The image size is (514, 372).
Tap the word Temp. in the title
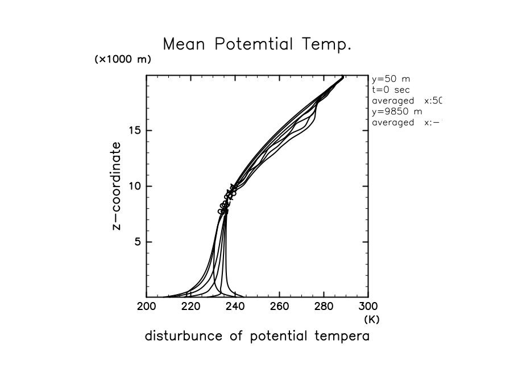click(329, 44)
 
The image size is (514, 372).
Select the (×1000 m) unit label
click(123, 60)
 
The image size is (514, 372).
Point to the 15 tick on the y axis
click(134, 130)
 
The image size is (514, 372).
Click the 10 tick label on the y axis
click(134, 186)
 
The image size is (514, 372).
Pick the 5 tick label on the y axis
click(137, 242)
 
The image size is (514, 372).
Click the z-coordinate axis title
click(117, 186)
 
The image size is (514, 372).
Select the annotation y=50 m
click(391, 79)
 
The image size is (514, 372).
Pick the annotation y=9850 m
click(396, 111)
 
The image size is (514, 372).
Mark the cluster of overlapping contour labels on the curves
click(226, 200)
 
